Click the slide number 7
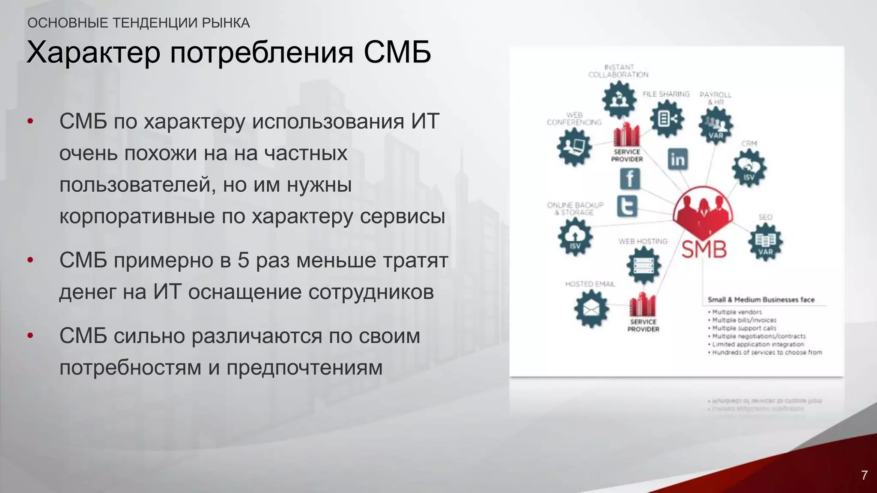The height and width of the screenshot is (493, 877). tap(864, 475)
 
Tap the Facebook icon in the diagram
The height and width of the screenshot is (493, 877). tap(630, 178)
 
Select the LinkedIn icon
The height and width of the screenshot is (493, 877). tap(677, 159)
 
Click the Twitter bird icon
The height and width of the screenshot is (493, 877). tap(627, 206)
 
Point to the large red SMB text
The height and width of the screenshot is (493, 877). tap(704, 249)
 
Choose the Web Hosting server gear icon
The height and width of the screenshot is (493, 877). tap(644, 266)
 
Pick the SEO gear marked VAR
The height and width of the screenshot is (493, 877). tap(765, 242)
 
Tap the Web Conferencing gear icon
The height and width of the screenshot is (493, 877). tap(574, 147)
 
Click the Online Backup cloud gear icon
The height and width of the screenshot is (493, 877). tap(575, 237)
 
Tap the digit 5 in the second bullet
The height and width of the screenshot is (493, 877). tap(243, 260)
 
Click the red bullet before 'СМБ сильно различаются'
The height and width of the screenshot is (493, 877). tap(30, 336)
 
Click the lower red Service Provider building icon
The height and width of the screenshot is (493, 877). tap(642, 305)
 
